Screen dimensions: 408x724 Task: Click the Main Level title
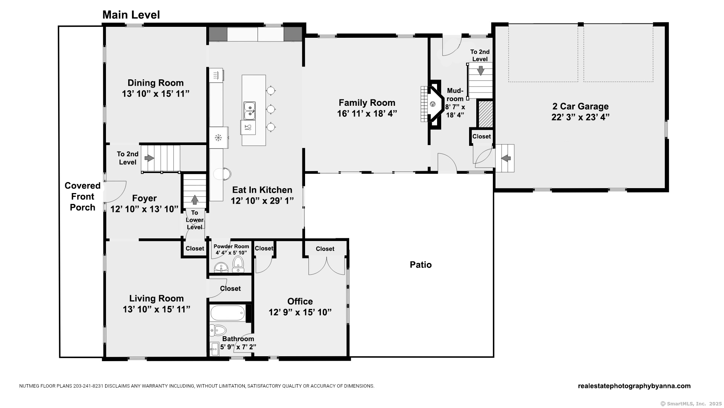131,15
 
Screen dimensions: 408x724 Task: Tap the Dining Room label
155,83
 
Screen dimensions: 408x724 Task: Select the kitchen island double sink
249,110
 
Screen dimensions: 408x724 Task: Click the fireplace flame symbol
433,104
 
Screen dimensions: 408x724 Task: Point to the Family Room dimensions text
367,113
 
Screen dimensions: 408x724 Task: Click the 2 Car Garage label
580,107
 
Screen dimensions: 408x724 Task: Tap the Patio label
420,264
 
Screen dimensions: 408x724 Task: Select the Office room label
300,301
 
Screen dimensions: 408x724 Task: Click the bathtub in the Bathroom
227,313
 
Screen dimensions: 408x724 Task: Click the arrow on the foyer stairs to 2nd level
149,158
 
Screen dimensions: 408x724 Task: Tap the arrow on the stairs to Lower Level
195,199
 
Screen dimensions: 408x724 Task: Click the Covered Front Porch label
83,196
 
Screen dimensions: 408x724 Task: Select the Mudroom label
455,95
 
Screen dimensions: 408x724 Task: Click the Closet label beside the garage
482,136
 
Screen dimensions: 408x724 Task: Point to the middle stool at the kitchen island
271,109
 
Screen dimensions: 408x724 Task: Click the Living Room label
156,298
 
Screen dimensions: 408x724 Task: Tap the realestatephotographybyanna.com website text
634,386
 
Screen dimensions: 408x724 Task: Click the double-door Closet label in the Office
325,249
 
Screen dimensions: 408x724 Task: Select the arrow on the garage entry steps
506,158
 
